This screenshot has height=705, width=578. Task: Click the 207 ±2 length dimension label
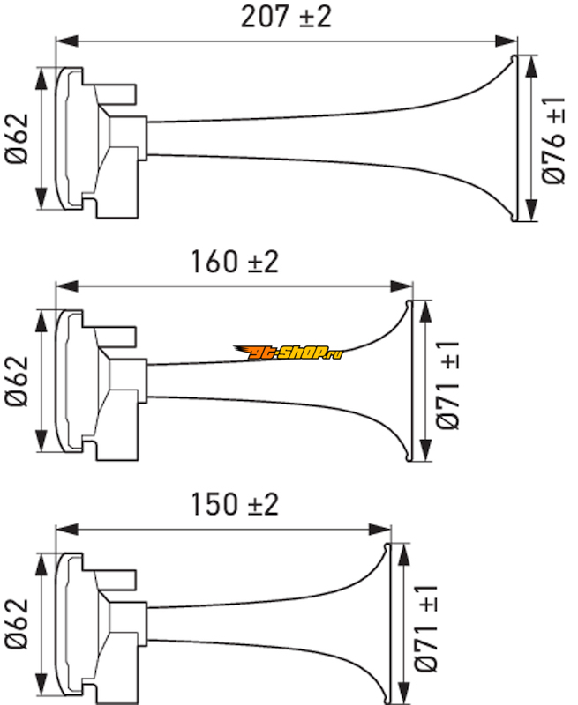286,17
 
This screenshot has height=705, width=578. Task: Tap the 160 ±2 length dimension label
235,262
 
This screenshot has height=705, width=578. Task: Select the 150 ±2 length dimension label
235,504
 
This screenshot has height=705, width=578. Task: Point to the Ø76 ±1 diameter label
553,140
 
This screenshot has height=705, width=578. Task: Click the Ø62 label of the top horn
17,138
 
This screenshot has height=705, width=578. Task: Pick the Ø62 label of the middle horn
17,382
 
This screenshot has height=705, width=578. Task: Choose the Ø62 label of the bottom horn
17,624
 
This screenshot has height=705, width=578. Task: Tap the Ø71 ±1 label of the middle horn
448,385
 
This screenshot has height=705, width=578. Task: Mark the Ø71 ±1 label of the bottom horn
426,628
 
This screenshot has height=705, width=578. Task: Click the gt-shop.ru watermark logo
288,352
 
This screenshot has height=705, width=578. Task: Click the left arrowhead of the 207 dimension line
67,41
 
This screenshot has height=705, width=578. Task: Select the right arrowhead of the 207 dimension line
506,41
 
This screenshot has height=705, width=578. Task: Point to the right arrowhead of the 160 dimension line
402,286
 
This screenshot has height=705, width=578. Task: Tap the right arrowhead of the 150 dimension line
379,530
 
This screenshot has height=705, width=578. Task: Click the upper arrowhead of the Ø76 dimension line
531,67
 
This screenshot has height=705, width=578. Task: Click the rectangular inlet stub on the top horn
116,94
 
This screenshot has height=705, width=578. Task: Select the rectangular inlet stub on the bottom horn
116,580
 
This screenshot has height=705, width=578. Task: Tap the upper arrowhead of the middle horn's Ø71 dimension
425,312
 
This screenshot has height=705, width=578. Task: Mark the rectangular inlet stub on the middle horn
116,337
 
